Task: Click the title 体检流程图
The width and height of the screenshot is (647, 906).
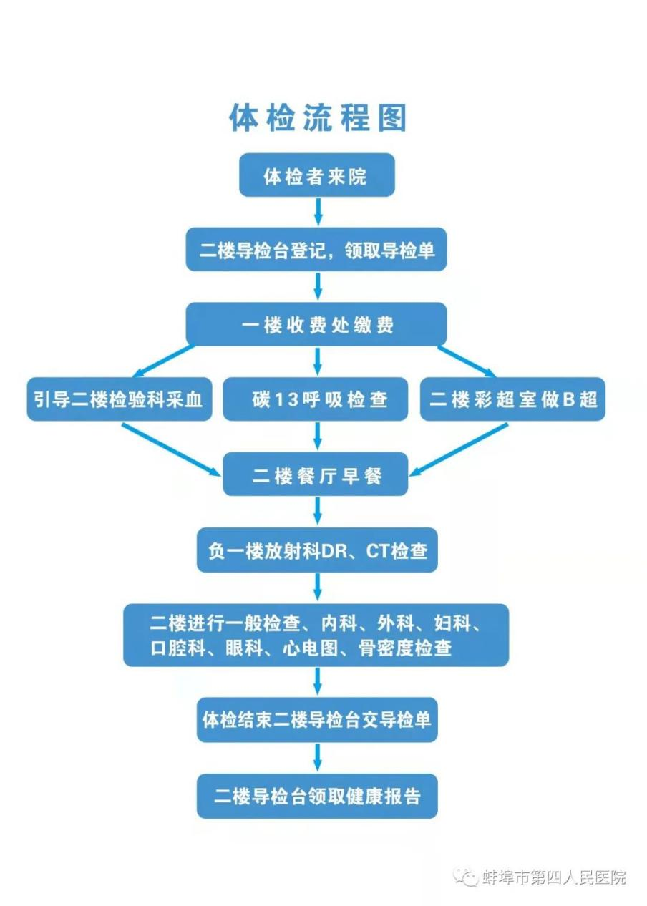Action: click(x=317, y=117)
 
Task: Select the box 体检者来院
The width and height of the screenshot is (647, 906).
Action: click(x=316, y=175)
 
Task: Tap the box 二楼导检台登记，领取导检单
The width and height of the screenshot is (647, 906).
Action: click(x=316, y=250)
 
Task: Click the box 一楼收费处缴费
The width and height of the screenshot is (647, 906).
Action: click(x=316, y=324)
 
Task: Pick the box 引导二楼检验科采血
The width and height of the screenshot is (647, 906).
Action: click(x=119, y=399)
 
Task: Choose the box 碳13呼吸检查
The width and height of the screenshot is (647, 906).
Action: click(x=316, y=399)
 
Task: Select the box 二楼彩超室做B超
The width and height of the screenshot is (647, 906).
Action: click(x=512, y=399)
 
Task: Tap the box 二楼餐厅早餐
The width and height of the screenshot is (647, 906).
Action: click(x=316, y=474)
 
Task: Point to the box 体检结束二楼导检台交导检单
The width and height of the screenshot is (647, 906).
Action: click(x=317, y=719)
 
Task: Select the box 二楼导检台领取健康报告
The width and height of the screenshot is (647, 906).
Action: click(x=317, y=795)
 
